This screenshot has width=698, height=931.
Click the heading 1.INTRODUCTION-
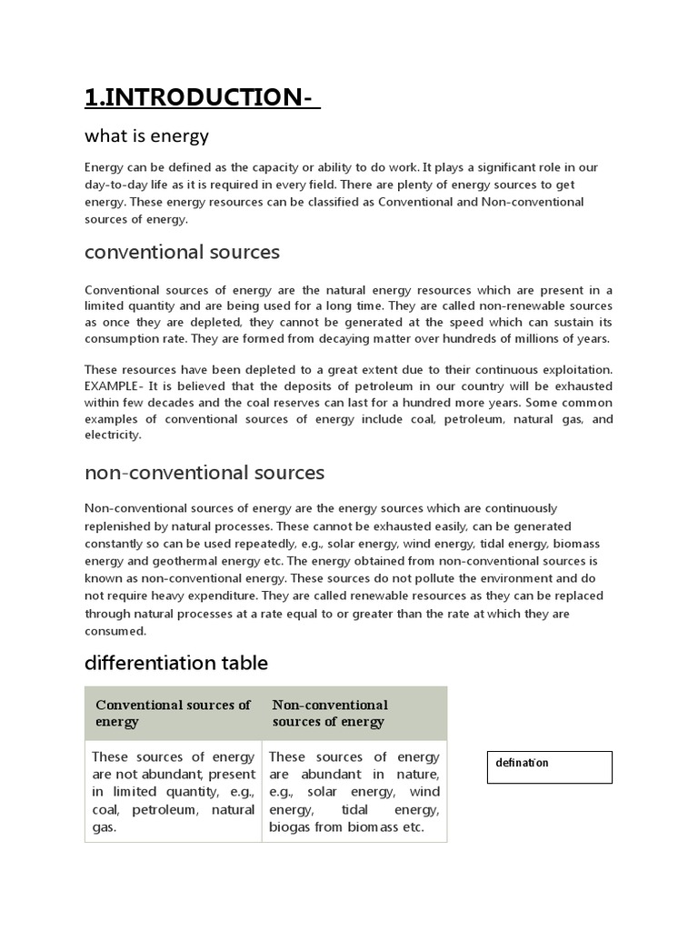click(x=202, y=97)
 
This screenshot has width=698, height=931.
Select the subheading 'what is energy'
click(x=146, y=136)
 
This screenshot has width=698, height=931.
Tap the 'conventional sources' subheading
click(x=182, y=252)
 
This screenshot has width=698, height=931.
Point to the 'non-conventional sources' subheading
click(x=204, y=473)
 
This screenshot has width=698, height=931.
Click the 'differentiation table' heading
click(x=175, y=664)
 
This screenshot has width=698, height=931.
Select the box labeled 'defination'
click(x=549, y=766)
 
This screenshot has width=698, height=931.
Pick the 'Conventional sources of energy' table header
click(x=173, y=714)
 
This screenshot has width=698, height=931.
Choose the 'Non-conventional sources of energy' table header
click(x=330, y=714)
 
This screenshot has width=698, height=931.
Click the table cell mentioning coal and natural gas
click(x=173, y=792)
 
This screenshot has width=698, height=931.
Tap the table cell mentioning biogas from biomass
click(x=354, y=792)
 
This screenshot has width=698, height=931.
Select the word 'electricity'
click(x=113, y=435)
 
